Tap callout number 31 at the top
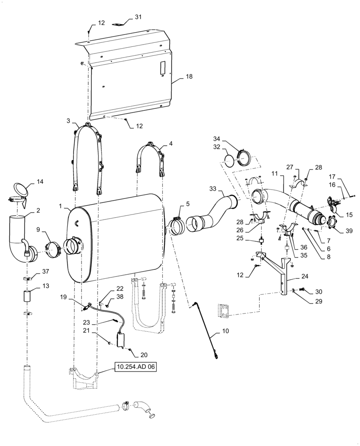click(x=138, y=17)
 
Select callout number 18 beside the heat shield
click(x=189, y=77)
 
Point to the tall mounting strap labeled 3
click(x=87, y=156)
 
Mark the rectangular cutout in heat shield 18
click(x=162, y=68)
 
